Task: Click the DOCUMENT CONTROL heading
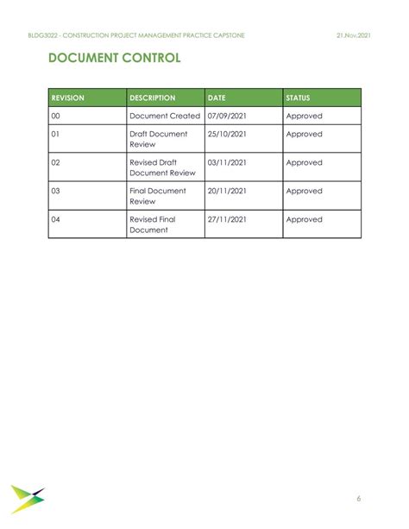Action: coord(114,59)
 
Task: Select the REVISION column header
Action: coord(68,98)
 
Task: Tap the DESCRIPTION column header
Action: coord(153,98)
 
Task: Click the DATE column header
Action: coord(217,98)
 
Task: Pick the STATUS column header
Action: coord(299,98)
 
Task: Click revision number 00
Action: coord(56,116)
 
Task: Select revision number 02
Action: coord(56,162)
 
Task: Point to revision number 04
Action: coord(56,219)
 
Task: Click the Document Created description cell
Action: coord(165,116)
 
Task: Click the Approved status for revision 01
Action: coord(304,135)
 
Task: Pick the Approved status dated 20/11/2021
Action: coord(304,191)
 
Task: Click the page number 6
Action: coord(358,498)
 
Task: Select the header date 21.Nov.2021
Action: coord(354,35)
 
